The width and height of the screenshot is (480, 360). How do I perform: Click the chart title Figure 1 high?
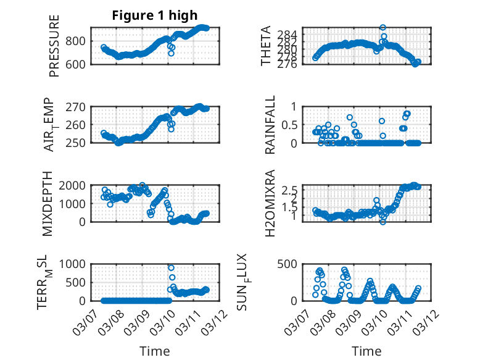(154, 15)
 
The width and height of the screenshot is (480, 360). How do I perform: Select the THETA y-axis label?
(266, 46)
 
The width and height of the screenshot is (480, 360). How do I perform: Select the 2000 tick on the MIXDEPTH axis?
(75, 185)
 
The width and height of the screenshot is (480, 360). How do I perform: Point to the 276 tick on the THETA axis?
(292, 64)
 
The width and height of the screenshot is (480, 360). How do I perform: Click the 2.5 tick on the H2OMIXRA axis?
(292, 190)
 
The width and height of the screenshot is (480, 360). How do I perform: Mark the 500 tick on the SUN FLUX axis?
(292, 264)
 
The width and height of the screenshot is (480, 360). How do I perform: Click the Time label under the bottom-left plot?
(154, 351)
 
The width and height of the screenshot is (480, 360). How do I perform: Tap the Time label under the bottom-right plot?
(366, 351)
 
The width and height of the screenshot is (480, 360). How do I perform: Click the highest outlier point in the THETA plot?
(383, 28)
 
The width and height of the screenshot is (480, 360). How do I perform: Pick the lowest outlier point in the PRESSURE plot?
(171, 53)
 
